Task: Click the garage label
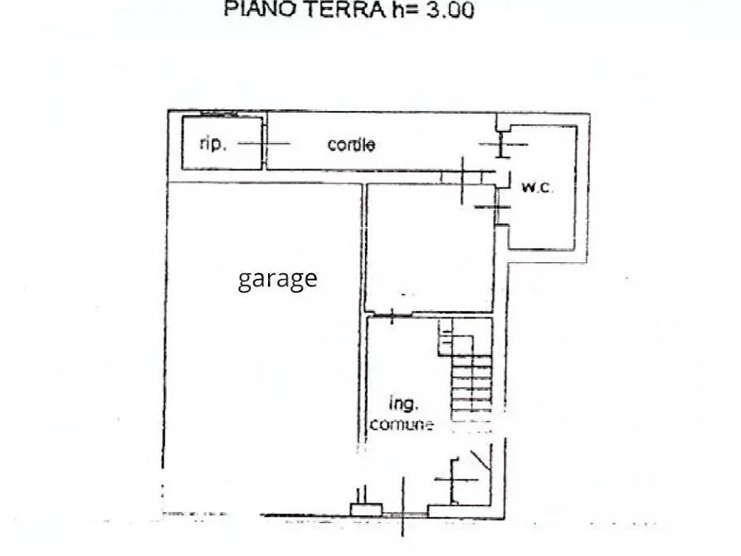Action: tap(277, 278)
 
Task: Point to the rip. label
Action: tap(212, 144)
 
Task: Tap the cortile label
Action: tap(351, 144)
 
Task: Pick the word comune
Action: tap(402, 425)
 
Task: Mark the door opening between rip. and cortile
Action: tap(264, 144)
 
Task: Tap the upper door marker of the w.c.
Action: tap(501, 145)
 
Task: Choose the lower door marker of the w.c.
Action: tap(498, 207)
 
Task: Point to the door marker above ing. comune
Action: tap(391, 315)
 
